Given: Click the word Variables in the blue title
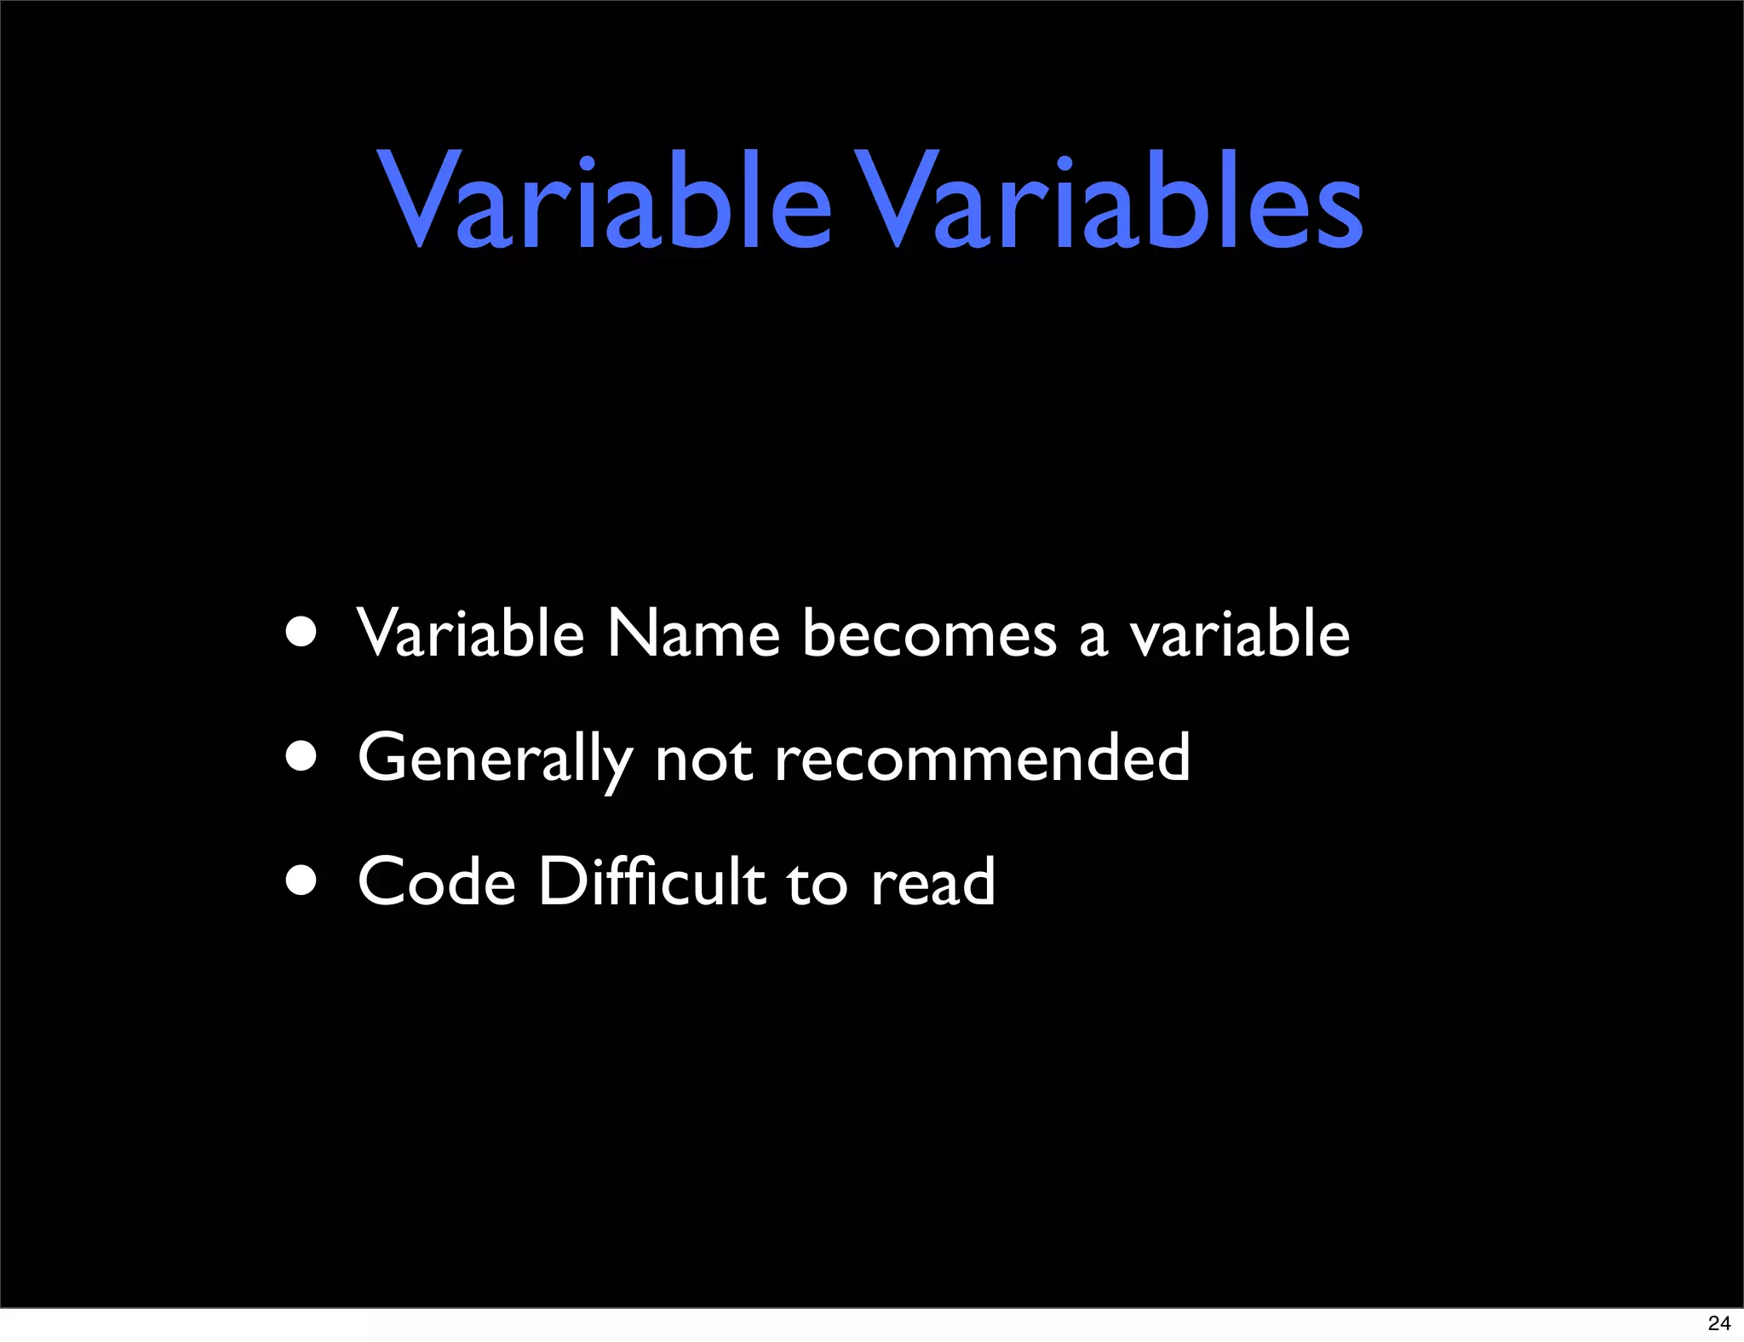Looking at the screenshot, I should pyautogui.click(x=1107, y=203).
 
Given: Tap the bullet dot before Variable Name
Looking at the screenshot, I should pyautogui.click(x=301, y=633).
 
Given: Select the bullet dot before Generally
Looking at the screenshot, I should pyautogui.click(x=301, y=756).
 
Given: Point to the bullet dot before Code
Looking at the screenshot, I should pyautogui.click(x=301, y=880).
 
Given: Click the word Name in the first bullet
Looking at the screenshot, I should pyautogui.click(x=693, y=634).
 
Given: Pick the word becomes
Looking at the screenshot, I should pyautogui.click(x=929, y=634).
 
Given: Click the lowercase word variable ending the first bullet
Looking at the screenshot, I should pyautogui.click(x=1239, y=634).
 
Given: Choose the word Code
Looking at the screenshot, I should pyautogui.click(x=437, y=882).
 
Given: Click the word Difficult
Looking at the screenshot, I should pyautogui.click(x=652, y=882).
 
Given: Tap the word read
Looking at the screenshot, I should pyautogui.click(x=932, y=882).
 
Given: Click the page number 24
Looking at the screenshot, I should pyautogui.click(x=1718, y=1323).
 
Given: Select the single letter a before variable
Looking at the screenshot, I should pyautogui.click(x=1093, y=639).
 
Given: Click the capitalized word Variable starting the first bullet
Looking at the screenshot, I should pyautogui.click(x=470, y=634).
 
